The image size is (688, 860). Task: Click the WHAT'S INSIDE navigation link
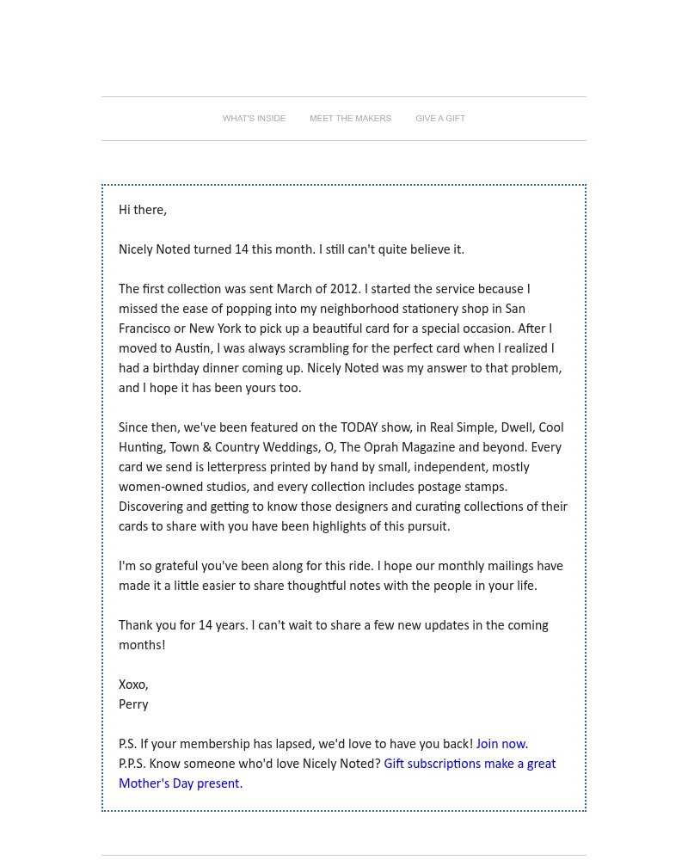click(254, 119)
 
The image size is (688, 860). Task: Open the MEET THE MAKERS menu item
click(350, 119)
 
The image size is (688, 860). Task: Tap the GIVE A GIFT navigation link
click(439, 119)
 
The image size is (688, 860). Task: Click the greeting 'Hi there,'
click(143, 211)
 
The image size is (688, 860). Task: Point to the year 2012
click(344, 290)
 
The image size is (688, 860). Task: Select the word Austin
click(193, 349)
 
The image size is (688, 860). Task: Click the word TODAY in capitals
click(359, 428)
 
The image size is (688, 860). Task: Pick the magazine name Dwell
click(516, 428)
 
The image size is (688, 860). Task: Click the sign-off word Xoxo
click(133, 685)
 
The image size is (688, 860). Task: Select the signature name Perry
click(133, 705)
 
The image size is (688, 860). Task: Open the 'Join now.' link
click(502, 745)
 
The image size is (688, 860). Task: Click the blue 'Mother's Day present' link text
click(179, 784)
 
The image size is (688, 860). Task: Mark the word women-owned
click(160, 488)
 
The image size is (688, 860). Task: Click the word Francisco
click(144, 329)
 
